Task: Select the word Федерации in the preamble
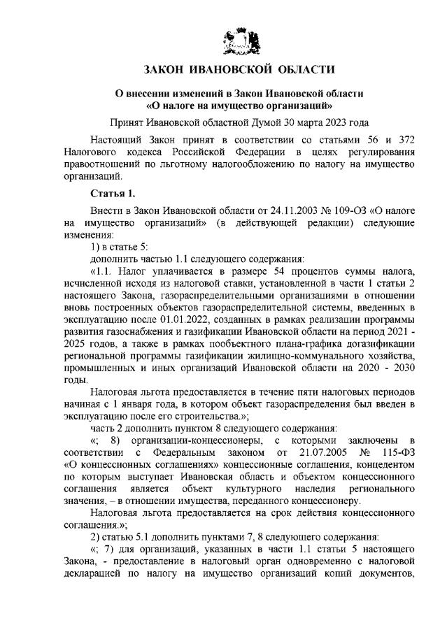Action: point(261,151)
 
